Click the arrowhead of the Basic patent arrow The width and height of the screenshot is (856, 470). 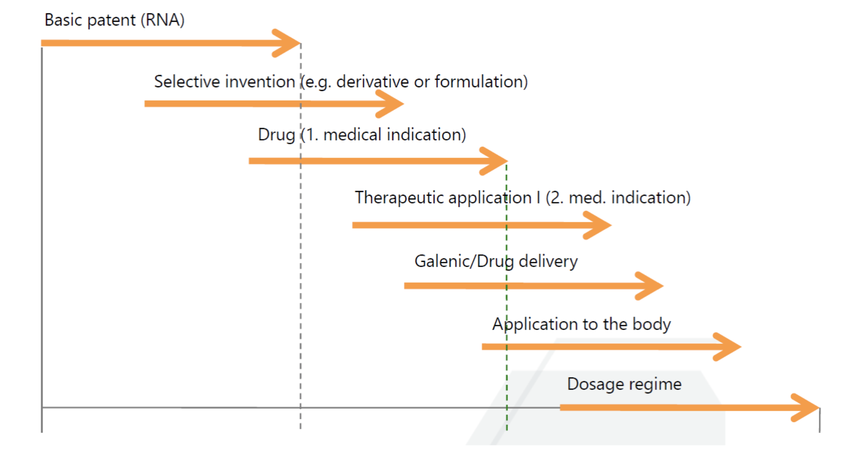(287, 43)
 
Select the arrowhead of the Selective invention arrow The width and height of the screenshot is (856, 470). (390, 104)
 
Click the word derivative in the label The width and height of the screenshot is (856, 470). (373, 82)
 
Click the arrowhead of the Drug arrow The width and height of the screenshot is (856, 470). (494, 161)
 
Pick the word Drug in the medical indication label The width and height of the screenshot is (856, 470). (276, 134)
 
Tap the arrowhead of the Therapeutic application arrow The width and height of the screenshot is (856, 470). (598, 225)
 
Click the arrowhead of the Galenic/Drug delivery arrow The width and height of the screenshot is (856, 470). (650, 286)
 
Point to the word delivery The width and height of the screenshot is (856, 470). (548, 261)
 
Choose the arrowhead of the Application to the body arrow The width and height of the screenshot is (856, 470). (728, 347)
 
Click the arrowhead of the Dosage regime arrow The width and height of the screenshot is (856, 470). (805, 407)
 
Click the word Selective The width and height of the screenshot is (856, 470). (187, 82)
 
